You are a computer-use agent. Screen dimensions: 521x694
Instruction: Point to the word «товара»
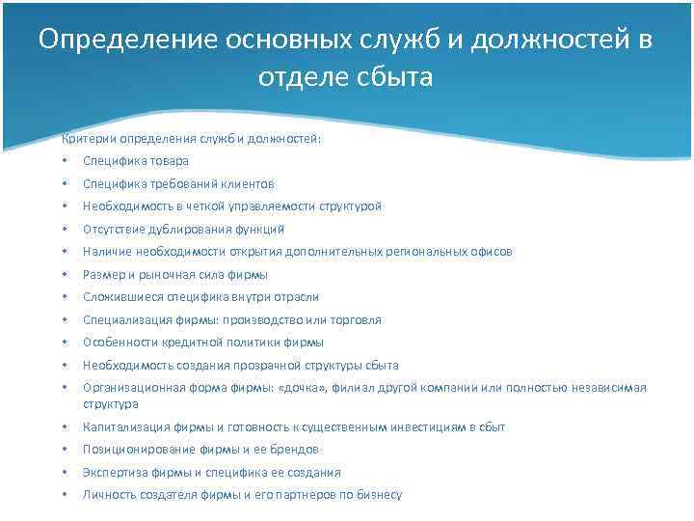pos(169,161)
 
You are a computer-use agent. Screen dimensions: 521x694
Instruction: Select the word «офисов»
pos(490,252)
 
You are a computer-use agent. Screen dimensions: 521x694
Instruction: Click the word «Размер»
pos(103,275)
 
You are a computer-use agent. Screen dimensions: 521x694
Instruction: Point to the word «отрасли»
pos(295,297)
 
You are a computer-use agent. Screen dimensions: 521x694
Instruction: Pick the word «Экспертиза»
pos(113,473)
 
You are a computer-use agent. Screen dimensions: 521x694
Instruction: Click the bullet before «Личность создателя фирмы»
pos(62,495)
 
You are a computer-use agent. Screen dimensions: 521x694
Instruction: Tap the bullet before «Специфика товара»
pos(62,161)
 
